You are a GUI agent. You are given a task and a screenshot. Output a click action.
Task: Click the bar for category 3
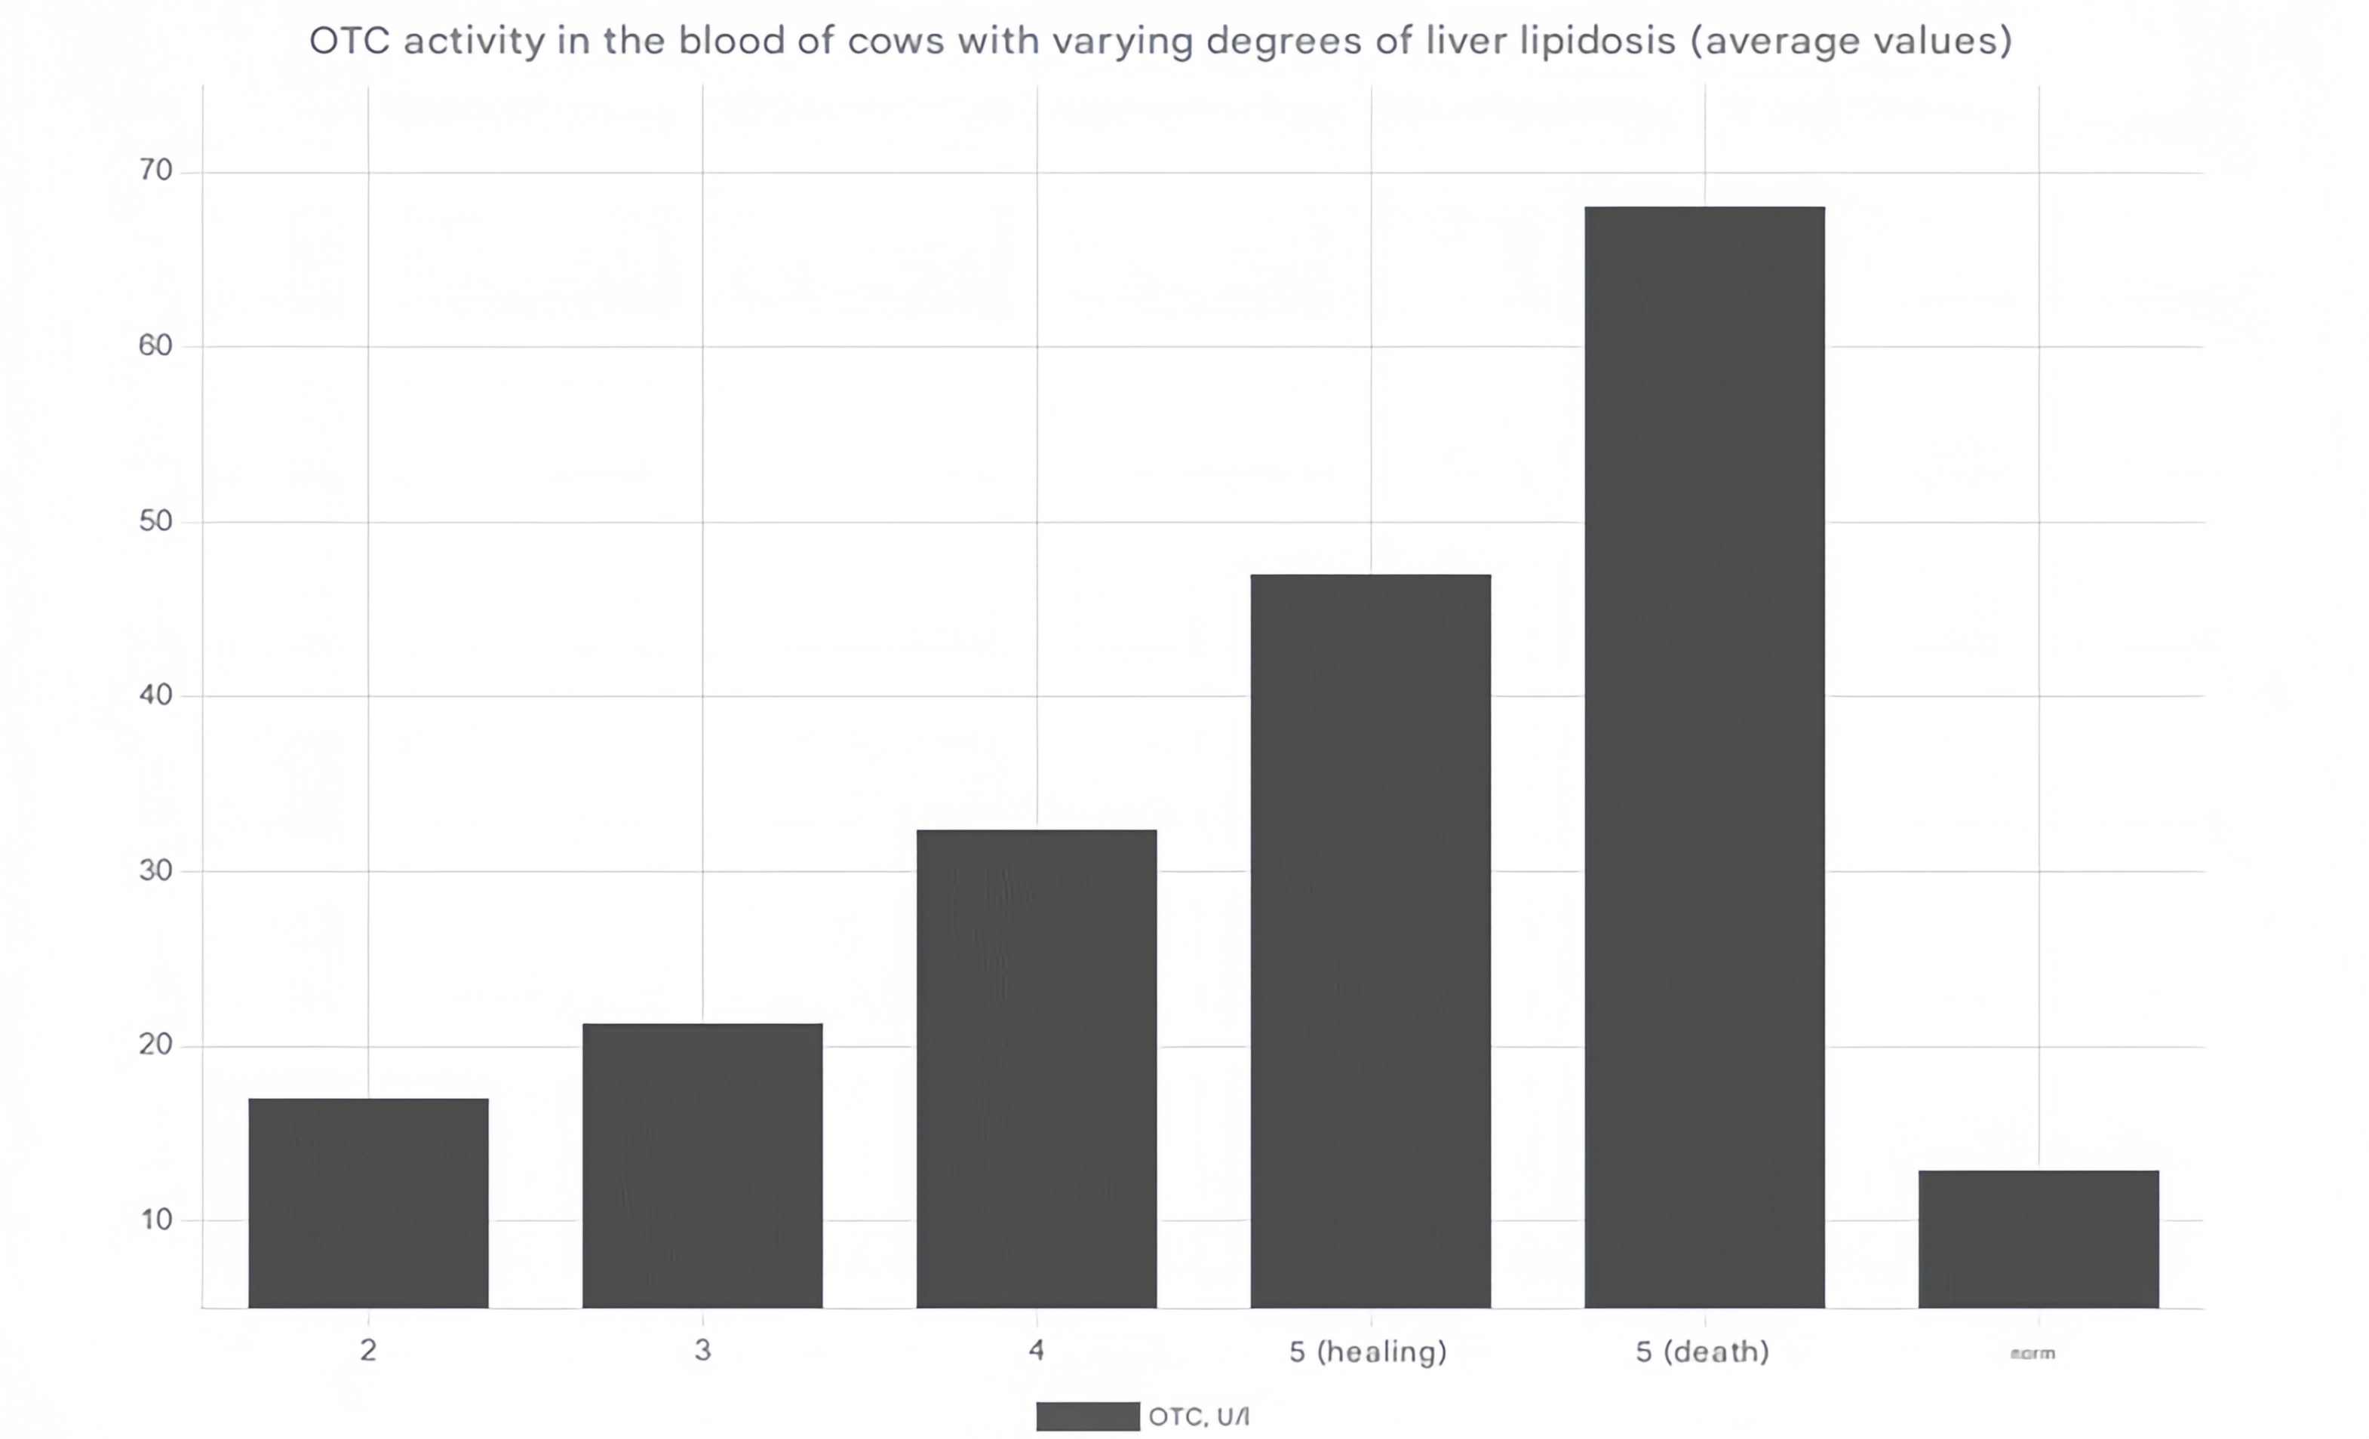tap(703, 1165)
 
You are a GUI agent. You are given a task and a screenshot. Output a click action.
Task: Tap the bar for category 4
tap(1037, 1068)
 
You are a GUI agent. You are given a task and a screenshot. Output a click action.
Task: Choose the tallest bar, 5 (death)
tap(1704, 756)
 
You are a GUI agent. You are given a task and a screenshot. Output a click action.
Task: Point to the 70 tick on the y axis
tap(155, 171)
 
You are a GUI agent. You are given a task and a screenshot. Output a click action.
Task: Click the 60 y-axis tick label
tap(155, 346)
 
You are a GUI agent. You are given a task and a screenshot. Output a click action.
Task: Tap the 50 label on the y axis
tap(155, 521)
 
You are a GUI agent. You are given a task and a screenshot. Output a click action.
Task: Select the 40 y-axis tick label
tap(155, 695)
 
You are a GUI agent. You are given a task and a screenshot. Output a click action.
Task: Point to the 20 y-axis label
tap(155, 1045)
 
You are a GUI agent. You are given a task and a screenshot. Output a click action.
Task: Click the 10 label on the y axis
tap(155, 1220)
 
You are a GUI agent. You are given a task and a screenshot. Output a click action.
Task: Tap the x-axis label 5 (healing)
tap(1368, 1352)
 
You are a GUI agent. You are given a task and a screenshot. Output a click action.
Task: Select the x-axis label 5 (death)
tap(1703, 1352)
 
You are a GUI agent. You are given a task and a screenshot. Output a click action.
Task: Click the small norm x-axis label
tap(2033, 1354)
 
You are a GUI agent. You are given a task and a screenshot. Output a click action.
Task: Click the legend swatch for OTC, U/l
tap(1087, 1416)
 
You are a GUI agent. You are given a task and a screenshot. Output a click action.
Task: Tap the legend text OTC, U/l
tap(1199, 1416)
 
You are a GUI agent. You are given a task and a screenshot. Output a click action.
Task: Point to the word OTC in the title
tap(349, 41)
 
